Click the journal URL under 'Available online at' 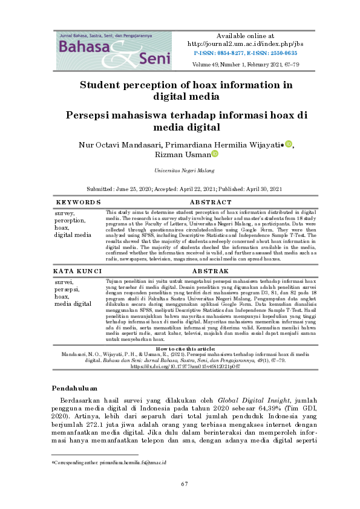(x=244, y=44)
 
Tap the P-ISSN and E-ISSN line (x=244, y=53)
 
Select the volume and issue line (x=244, y=63)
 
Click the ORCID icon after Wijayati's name (x=289, y=144)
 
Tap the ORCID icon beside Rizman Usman (x=214, y=154)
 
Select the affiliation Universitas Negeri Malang (x=180, y=171)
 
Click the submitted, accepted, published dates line (x=179, y=189)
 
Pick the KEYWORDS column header (x=79, y=202)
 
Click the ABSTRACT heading (x=210, y=202)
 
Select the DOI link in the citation (x=179, y=366)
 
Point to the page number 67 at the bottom (x=185, y=484)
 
